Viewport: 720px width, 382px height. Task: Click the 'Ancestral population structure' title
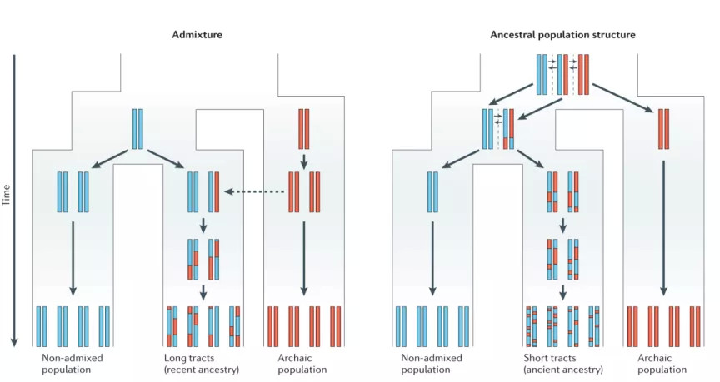pos(562,35)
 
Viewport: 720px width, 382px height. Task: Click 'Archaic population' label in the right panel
pos(662,364)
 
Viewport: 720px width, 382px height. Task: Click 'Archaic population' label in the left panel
pos(303,364)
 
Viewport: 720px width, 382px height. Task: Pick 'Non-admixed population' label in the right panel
pos(432,364)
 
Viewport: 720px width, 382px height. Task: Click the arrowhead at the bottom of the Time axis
pos(14,341)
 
